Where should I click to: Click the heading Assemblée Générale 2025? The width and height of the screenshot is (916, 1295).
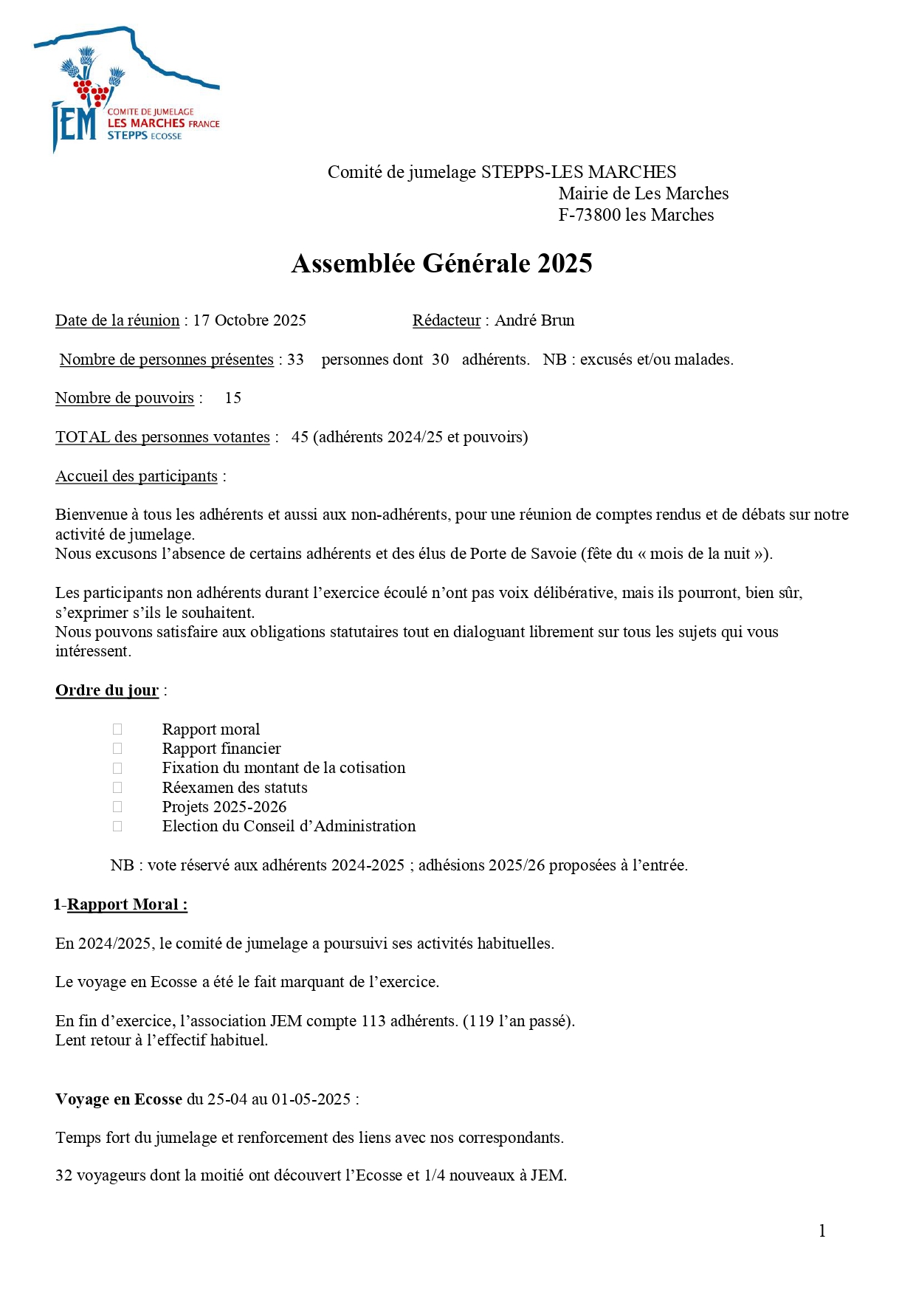click(x=441, y=264)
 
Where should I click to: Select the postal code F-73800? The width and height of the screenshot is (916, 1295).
click(x=590, y=215)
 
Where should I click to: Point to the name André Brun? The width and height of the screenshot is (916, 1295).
click(x=534, y=320)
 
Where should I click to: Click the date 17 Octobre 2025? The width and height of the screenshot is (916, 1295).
click(x=249, y=320)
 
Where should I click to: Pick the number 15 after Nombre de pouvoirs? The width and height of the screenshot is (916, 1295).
click(x=233, y=398)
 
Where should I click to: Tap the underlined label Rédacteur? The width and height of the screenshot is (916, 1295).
click(x=447, y=320)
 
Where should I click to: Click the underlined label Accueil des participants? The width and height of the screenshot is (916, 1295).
click(x=137, y=476)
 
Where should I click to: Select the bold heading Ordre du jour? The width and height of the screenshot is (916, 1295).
click(x=107, y=690)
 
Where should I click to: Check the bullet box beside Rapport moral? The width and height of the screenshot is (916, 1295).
click(x=117, y=729)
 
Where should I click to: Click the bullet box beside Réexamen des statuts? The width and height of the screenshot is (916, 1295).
click(x=117, y=788)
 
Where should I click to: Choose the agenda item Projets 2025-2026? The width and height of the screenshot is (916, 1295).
click(x=224, y=807)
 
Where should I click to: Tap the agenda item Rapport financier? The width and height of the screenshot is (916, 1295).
click(x=221, y=749)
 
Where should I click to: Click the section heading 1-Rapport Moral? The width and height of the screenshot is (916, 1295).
click(x=121, y=904)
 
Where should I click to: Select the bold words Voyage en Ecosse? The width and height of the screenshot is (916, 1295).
click(x=119, y=1099)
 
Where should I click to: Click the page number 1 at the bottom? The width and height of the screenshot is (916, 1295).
click(x=822, y=1231)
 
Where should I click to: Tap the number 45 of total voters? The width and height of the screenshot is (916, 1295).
click(x=300, y=437)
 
